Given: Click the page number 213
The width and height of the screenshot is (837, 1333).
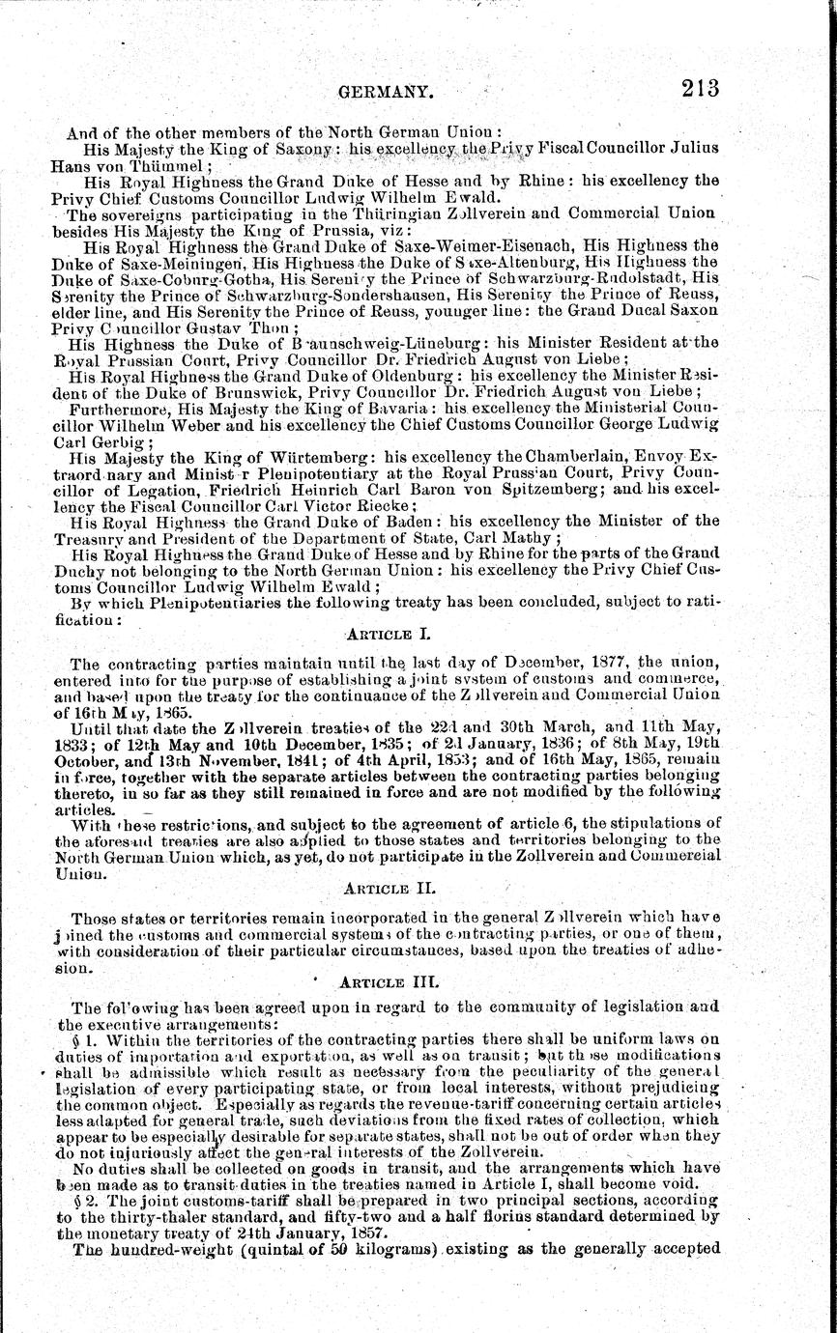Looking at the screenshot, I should point(700,88).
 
